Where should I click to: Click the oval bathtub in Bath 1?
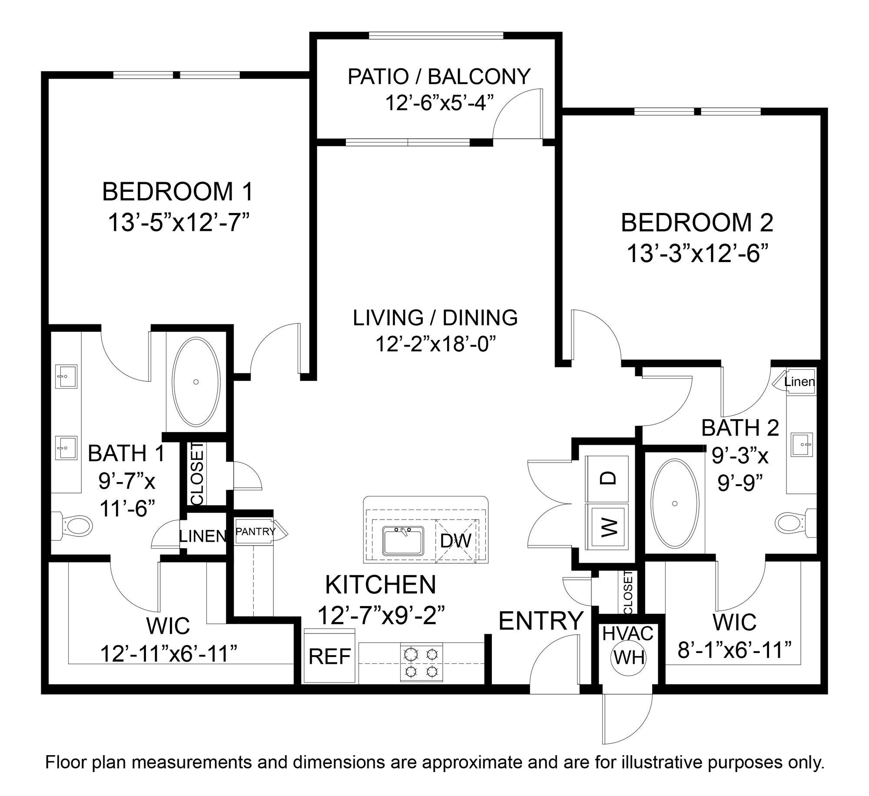196,382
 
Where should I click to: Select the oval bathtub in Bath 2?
674,503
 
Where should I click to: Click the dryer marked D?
608,478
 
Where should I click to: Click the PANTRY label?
255,532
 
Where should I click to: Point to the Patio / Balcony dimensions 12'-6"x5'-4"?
440,103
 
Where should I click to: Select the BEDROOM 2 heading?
697,223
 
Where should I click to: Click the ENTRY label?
541,621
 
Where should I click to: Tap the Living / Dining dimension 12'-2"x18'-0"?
435,345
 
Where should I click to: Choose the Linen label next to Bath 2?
799,382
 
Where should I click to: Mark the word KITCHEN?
381,585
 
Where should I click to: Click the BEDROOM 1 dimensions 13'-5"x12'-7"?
180,223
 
